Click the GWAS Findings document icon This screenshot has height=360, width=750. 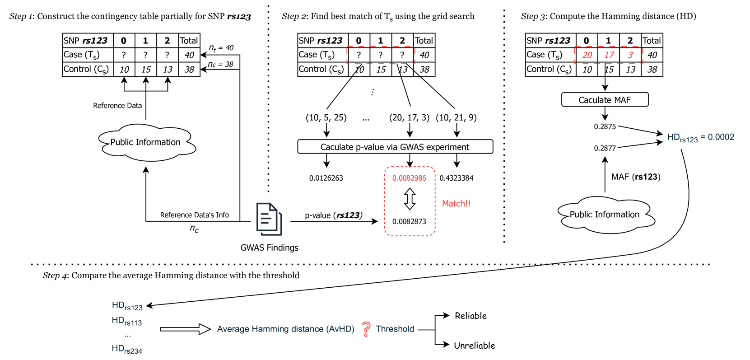[x=269, y=219]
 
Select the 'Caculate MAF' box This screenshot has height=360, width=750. [x=605, y=100]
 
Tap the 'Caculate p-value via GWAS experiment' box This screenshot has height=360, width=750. [x=395, y=147]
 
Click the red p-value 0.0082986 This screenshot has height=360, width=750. [x=409, y=178]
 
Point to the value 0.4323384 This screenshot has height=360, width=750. [x=457, y=178]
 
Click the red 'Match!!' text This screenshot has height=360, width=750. [x=456, y=204]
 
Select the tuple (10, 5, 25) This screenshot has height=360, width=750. [x=326, y=117]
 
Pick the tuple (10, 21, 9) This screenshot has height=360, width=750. [x=456, y=117]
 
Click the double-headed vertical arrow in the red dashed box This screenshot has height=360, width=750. [x=410, y=199]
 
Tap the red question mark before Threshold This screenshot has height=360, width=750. [x=366, y=329]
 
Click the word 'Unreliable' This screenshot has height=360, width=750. [x=475, y=346]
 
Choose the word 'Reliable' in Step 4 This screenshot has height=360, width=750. [x=471, y=316]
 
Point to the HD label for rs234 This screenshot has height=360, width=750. [x=127, y=349]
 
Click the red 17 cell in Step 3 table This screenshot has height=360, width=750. [x=609, y=55]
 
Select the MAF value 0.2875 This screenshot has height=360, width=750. [x=605, y=126]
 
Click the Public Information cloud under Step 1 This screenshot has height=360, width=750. [x=147, y=142]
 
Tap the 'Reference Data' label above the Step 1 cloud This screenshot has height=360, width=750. [x=117, y=106]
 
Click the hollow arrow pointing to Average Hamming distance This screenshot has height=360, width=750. [x=186, y=329]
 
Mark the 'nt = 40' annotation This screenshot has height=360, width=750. [x=221, y=48]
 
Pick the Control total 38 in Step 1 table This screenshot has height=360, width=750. [x=189, y=69]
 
